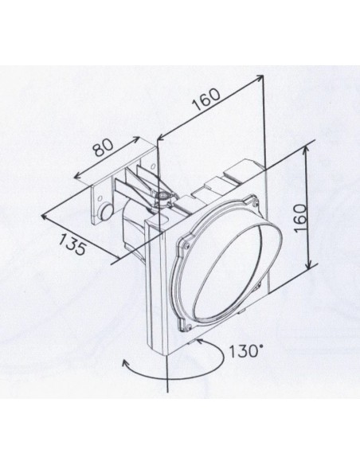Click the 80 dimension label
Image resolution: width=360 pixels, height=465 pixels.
coord(104,147)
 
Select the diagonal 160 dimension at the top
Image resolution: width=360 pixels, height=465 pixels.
coord(206,99)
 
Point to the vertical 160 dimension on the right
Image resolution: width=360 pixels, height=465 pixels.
coord(300,218)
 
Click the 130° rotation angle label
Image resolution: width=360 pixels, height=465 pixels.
coord(244,352)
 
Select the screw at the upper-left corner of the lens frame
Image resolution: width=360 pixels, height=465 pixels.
coord(186,244)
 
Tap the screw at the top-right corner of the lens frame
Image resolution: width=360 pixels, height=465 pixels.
coord(254,204)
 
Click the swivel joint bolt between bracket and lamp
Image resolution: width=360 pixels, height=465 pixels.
coord(162,196)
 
